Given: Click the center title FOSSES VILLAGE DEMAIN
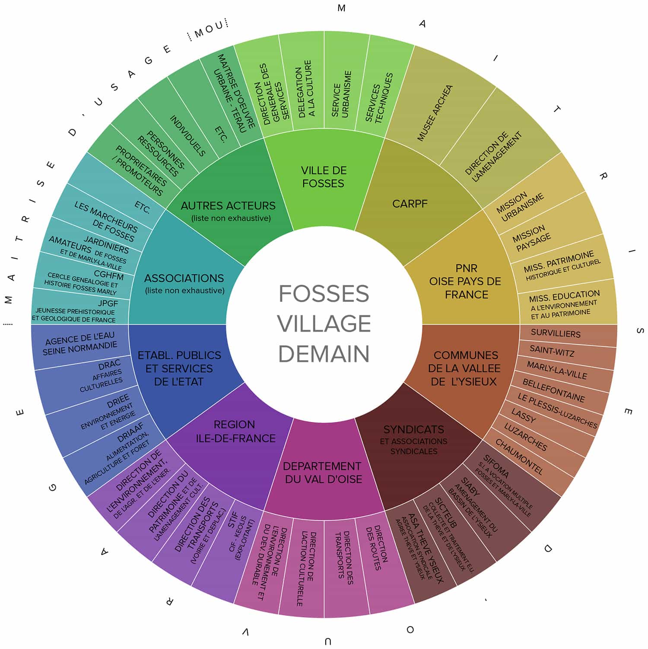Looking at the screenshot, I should pyautogui.click(x=324, y=323).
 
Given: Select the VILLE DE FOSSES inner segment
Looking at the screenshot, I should pyautogui.click(x=324, y=177).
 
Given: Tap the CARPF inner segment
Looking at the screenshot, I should pyautogui.click(x=410, y=203).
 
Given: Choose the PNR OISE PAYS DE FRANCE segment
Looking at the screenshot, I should pyautogui.click(x=465, y=281).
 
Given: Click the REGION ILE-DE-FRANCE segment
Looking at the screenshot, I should pyautogui.click(x=235, y=432).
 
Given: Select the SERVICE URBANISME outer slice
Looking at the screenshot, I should pyautogui.click(x=341, y=94).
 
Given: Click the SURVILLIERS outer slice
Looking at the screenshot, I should pyautogui.click(x=556, y=333).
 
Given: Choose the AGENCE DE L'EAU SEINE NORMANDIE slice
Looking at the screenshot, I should pyautogui.click(x=80, y=344).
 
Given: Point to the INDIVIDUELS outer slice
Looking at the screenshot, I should pyautogui.click(x=187, y=135).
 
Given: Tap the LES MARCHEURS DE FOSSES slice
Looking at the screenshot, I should pyautogui.click(x=106, y=221).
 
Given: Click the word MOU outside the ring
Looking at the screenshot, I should pyautogui.click(x=209, y=29).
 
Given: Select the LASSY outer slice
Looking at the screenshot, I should pyautogui.click(x=524, y=416).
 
